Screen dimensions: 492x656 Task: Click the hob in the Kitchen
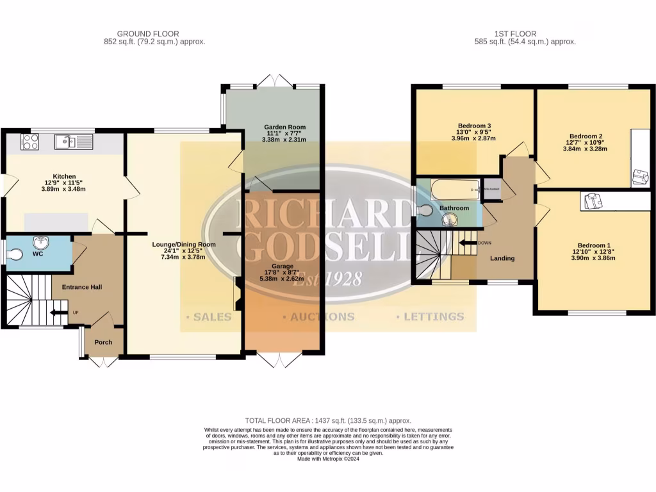(30, 142)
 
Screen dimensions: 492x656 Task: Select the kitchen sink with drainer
(74, 142)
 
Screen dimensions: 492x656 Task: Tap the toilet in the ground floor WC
(15, 254)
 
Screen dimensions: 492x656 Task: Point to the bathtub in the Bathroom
(455, 190)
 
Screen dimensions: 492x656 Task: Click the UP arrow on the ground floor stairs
(60, 313)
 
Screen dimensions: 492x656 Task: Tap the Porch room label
(103, 342)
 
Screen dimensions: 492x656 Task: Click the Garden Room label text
(284, 127)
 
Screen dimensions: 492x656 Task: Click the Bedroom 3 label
(474, 126)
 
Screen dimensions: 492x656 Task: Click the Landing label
(502, 258)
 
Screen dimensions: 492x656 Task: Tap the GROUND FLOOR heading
(148, 34)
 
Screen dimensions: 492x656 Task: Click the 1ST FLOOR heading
(515, 34)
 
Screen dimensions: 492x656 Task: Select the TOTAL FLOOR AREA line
(327, 420)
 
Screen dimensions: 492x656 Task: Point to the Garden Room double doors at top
(275, 81)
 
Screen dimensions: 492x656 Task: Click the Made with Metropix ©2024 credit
(327, 459)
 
